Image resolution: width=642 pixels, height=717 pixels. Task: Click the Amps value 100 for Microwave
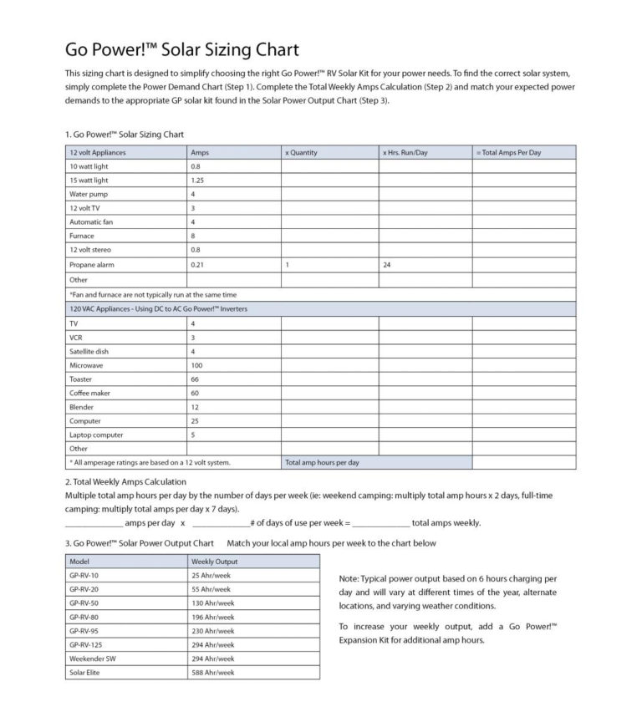tap(197, 365)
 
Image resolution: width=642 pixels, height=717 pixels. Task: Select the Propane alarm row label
tap(91, 264)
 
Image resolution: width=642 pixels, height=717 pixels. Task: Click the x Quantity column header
tap(302, 153)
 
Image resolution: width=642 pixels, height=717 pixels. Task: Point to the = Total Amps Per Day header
tap(508, 153)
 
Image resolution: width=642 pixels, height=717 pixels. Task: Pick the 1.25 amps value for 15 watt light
tap(198, 180)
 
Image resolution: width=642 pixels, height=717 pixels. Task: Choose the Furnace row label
tap(82, 236)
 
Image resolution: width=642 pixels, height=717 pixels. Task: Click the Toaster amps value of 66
tap(196, 379)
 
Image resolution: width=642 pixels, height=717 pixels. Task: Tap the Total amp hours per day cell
tap(323, 462)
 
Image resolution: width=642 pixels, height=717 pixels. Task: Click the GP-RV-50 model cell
tap(84, 603)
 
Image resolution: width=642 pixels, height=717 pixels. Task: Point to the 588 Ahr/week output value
tap(213, 672)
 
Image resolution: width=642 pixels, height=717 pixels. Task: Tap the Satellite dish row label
tap(89, 351)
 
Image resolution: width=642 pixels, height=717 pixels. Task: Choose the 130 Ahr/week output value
tap(213, 603)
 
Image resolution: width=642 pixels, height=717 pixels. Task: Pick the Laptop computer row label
tap(96, 435)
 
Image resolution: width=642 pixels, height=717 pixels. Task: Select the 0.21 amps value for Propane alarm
tap(197, 264)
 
